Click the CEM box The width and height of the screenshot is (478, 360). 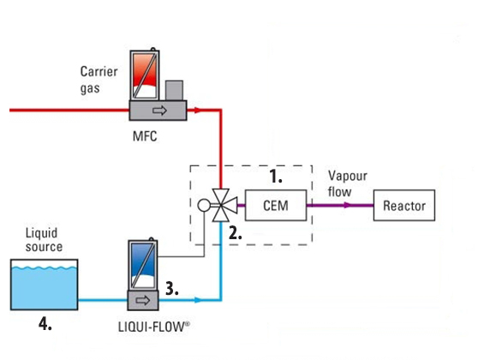click(276, 205)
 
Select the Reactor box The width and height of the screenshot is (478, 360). click(404, 205)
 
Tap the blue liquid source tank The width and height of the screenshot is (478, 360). click(45, 285)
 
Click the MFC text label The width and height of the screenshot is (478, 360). click(145, 136)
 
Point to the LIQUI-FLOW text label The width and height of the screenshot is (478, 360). click(153, 327)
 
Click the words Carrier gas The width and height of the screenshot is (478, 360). click(99, 80)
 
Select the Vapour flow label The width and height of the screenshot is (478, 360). click(348, 183)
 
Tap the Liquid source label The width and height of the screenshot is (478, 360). click(44, 240)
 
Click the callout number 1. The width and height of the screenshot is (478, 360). click(276, 177)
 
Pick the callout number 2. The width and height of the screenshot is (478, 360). click(236, 233)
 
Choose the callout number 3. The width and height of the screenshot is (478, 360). click(172, 288)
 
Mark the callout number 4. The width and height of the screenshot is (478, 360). click(45, 323)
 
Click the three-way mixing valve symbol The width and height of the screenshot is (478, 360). click(224, 205)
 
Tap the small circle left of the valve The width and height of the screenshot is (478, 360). click(204, 206)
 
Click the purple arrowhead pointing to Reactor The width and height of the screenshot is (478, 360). click(348, 205)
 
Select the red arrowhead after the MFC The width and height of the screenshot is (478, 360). click(198, 110)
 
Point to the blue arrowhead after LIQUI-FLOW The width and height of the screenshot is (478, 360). click(198, 300)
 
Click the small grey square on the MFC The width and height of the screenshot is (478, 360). click(174, 90)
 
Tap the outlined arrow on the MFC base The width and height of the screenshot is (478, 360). click(159, 110)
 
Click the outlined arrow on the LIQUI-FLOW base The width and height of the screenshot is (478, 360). click(143, 301)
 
